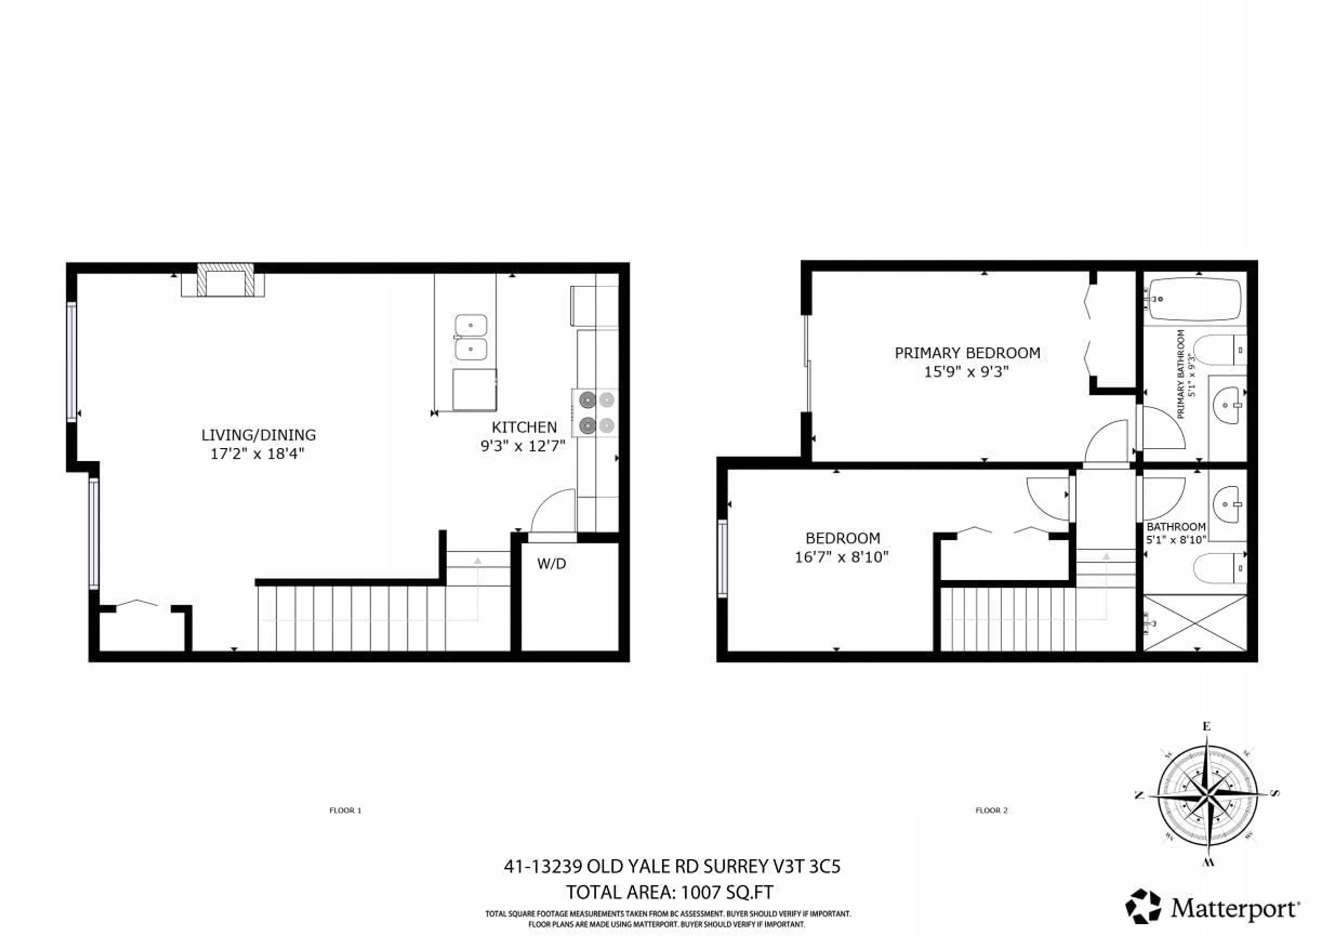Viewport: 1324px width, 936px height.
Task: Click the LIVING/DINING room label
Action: [x=258, y=435]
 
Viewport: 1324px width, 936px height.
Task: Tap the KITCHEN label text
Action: [x=524, y=427]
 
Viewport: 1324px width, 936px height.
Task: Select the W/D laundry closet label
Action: [x=551, y=564]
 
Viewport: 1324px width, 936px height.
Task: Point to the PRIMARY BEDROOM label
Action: [x=967, y=353]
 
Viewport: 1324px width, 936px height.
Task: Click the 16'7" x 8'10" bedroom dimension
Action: [x=842, y=557]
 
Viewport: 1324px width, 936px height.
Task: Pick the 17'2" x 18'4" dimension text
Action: [x=257, y=454]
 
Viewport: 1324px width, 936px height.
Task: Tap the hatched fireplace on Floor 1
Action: [x=225, y=280]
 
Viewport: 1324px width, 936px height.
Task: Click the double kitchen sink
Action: [x=471, y=337]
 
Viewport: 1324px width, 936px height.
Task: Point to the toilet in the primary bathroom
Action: [x=1217, y=349]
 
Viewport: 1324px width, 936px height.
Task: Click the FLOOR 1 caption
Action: [x=345, y=810]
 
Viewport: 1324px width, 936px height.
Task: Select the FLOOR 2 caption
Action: [x=991, y=810]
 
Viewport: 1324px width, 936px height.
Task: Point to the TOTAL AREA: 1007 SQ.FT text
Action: [x=669, y=892]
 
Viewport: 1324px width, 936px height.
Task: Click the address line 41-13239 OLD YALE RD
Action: [x=672, y=867]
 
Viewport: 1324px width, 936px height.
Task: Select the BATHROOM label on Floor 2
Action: [x=1176, y=527]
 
